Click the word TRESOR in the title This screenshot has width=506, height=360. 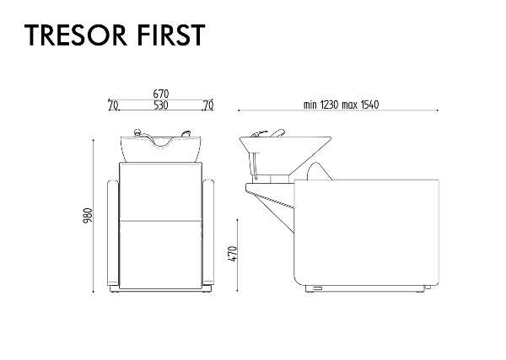[76, 35]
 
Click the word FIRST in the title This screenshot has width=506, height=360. [171, 35]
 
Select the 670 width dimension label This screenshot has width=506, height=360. [161, 94]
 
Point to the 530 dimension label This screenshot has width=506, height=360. [161, 105]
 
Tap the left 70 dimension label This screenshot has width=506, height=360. [113, 105]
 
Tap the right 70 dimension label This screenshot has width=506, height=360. [208, 105]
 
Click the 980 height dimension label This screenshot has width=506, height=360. [88, 216]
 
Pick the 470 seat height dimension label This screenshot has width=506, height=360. [233, 254]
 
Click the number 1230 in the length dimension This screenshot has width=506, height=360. [330, 105]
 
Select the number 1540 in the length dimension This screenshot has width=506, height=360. [370, 105]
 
